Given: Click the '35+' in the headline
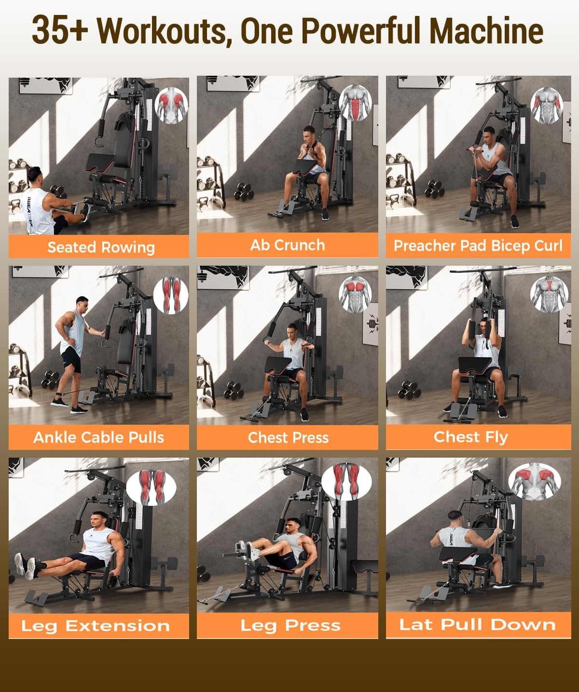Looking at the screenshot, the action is coord(60,30).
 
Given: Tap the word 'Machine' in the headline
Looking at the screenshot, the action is coord(487,30).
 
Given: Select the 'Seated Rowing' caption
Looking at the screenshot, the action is coord(101,247).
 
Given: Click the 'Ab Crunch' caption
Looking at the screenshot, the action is coord(288,245).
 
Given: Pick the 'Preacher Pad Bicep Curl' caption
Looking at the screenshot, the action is coord(478,246).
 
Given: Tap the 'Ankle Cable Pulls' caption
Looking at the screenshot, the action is coord(99,437).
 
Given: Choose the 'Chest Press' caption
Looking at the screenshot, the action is coord(288,437).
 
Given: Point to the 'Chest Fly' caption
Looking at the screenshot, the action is coord(470,437).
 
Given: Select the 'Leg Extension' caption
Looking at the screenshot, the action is coord(96,626).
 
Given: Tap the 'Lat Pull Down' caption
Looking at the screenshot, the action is coord(477,624).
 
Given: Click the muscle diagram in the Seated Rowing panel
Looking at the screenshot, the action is coord(171,106).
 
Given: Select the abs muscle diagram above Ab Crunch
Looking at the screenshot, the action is coord(356,103).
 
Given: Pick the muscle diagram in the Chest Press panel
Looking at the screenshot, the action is coord(355,295).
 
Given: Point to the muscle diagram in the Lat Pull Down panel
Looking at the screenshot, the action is coord(534,481).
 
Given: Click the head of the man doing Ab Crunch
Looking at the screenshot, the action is coord(309,133).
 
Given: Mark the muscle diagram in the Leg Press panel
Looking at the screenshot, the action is coord(346,482).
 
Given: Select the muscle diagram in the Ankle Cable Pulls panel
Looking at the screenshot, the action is coord(171,295).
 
